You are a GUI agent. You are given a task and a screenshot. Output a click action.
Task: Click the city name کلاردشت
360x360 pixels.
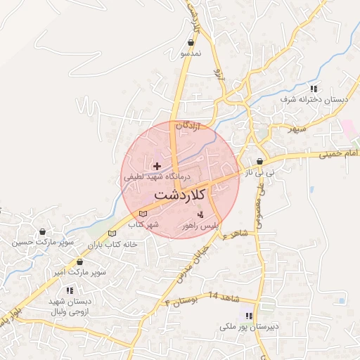179,193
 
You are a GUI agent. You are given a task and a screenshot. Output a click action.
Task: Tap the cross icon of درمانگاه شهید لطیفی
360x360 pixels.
156,165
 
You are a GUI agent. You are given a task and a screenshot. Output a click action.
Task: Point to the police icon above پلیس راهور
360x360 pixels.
201,214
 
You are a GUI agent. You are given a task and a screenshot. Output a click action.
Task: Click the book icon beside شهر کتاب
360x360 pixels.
144,213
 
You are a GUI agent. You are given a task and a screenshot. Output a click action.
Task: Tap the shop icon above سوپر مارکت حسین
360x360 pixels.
44,231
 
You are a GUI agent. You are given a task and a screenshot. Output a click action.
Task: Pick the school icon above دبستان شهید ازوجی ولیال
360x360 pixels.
70,290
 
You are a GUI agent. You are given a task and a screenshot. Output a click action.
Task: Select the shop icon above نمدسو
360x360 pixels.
191,43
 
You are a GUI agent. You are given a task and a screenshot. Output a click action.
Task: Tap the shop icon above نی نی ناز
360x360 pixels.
259,161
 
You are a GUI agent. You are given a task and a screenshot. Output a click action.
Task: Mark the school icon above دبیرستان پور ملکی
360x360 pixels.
247,314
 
